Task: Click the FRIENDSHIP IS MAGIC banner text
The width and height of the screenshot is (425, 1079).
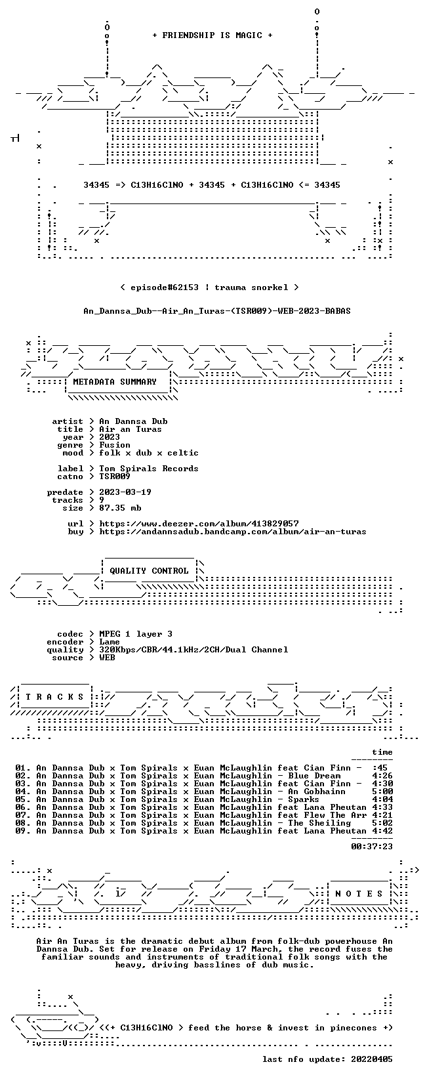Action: click(x=212, y=35)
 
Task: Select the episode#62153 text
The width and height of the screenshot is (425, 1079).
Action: click(x=164, y=287)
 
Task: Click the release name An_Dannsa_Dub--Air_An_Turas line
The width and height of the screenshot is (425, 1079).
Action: click(x=217, y=311)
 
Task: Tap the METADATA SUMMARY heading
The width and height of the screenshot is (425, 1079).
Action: click(x=115, y=382)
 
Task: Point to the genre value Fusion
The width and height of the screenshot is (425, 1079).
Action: click(x=115, y=445)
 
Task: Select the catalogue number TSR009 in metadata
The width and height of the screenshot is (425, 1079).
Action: click(x=115, y=476)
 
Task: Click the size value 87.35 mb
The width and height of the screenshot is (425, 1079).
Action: click(x=120, y=508)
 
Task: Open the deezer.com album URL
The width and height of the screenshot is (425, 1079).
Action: click(x=199, y=524)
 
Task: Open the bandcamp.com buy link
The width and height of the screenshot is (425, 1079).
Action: click(x=232, y=532)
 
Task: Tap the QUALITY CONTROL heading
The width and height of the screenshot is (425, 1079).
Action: click(x=149, y=571)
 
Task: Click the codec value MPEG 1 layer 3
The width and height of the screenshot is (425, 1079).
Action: click(x=136, y=634)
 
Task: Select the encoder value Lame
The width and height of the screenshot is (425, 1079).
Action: click(x=110, y=642)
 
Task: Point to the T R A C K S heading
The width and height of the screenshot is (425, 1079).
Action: click(x=54, y=697)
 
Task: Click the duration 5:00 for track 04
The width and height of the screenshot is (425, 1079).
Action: click(x=382, y=792)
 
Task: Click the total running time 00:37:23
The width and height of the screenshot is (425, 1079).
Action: click(x=372, y=847)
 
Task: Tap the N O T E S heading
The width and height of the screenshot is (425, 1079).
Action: click(x=359, y=893)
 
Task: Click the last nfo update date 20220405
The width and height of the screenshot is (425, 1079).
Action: click(x=372, y=1059)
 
